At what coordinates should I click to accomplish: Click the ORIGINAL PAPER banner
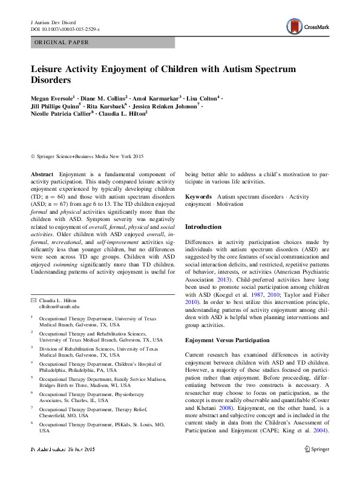pos(61,42)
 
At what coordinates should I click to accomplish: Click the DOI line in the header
pos(65,28)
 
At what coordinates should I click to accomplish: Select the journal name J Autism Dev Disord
pos(53,21)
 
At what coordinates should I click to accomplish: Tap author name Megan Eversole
pos(53,97)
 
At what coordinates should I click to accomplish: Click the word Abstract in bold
pos(42,174)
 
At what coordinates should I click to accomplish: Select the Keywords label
pos(198,197)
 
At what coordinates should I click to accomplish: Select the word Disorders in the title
pos(51,80)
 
